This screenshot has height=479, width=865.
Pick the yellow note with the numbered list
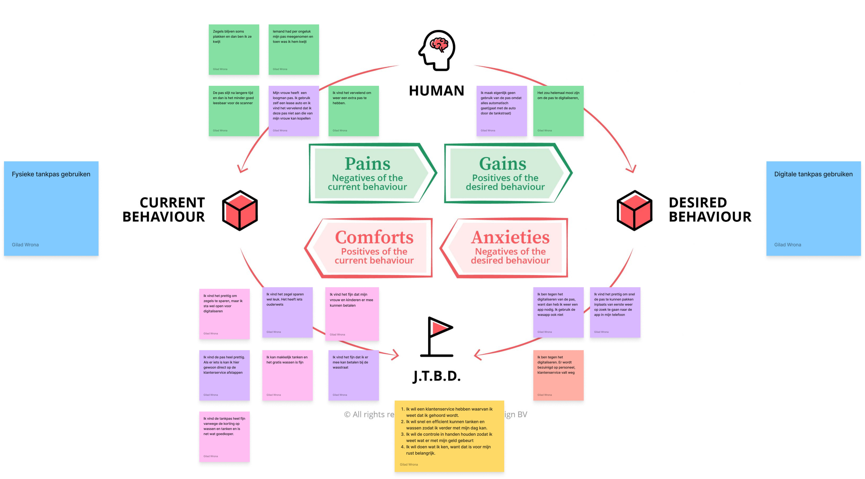(449, 436)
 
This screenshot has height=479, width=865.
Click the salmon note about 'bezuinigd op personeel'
(558, 375)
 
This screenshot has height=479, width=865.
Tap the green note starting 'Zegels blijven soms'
(234, 49)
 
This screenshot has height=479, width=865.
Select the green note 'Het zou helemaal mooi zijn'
(558, 111)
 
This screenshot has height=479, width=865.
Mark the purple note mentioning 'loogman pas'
(293, 111)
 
